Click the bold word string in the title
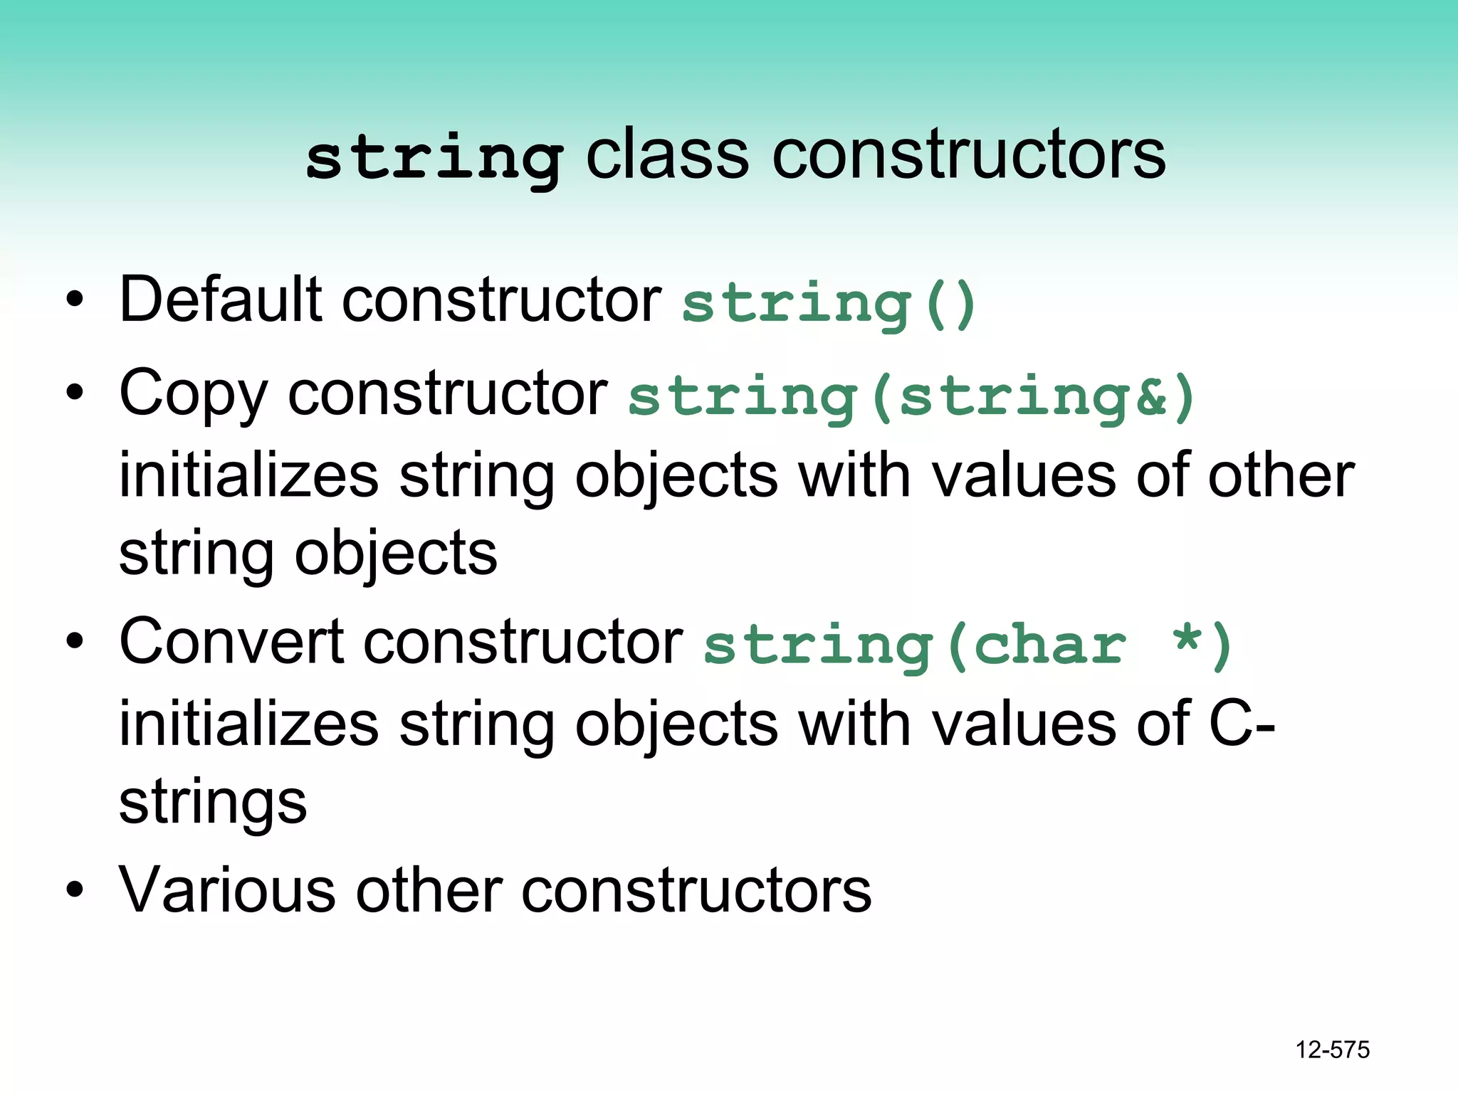point(435,158)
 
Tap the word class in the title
point(667,154)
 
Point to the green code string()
point(829,305)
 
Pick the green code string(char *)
point(967,646)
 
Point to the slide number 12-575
point(1332,1050)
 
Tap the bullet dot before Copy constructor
point(74,394)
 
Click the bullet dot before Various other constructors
point(74,890)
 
